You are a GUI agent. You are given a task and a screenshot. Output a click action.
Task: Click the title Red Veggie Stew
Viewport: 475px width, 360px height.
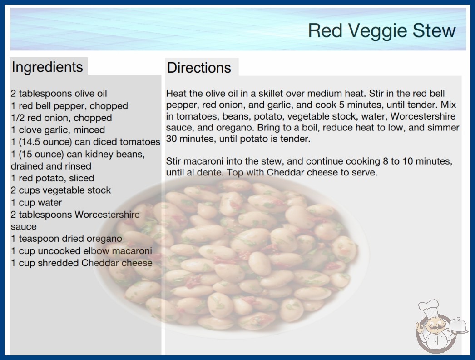tap(382, 30)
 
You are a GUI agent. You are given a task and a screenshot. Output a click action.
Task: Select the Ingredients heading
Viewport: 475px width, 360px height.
tap(47, 67)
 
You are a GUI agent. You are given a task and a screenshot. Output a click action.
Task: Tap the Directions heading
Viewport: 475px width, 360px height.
tap(199, 68)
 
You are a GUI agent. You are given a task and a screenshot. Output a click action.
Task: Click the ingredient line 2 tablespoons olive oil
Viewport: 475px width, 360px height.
tap(59, 94)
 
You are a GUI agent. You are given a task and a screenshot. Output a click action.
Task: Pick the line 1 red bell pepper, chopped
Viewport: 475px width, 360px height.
tap(69, 105)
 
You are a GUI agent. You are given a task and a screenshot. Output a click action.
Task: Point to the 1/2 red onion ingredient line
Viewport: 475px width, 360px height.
tap(61, 118)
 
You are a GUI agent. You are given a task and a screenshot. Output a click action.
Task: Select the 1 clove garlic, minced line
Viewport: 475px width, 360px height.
tap(58, 130)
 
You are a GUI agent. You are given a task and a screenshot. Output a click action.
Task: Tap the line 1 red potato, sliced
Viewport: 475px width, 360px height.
tap(52, 178)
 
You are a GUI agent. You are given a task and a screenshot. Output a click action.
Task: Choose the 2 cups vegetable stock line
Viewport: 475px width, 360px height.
tap(60, 190)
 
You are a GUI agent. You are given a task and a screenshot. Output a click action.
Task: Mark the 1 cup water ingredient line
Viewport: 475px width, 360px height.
tap(36, 202)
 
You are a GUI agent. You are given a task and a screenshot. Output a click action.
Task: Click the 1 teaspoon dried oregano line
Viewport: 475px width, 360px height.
tap(66, 239)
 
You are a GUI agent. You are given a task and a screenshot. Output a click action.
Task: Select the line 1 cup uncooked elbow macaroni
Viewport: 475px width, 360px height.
tap(81, 251)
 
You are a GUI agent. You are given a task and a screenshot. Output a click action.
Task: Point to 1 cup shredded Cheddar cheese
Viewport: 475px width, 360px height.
tap(81, 263)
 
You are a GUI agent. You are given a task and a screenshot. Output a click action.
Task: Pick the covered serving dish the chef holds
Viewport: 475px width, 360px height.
tap(457, 325)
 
